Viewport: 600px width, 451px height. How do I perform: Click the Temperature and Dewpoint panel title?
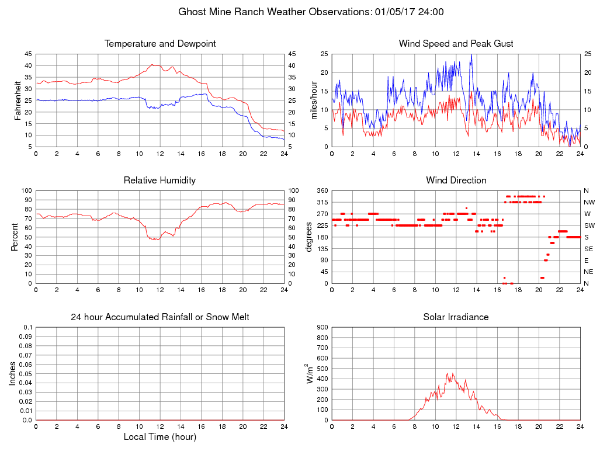[160, 44]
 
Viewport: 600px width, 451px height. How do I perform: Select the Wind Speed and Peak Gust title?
[456, 44]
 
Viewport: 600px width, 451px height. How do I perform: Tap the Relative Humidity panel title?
[159, 181]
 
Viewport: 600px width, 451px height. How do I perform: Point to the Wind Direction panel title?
[456, 181]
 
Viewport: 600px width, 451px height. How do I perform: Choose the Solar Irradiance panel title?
[456, 317]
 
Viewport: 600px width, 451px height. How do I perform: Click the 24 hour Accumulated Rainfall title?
[160, 317]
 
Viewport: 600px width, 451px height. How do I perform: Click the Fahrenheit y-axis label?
[18, 100]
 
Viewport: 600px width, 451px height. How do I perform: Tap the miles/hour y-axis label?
[314, 100]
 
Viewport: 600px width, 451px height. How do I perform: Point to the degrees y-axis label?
[309, 237]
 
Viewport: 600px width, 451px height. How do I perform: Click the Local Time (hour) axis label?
[160, 437]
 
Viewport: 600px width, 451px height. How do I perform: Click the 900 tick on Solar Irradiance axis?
[322, 327]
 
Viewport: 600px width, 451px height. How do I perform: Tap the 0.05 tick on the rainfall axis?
[26, 374]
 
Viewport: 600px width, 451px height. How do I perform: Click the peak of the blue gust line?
[471, 55]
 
